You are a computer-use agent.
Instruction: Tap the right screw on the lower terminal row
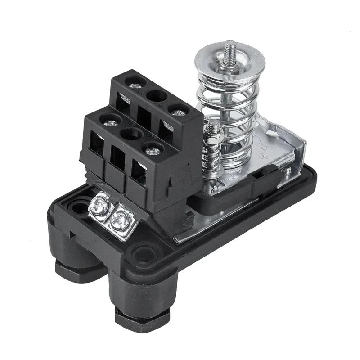[x=153, y=149]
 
